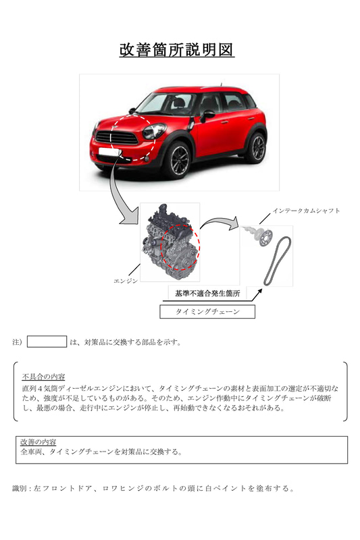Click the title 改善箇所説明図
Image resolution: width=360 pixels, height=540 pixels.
click(177, 50)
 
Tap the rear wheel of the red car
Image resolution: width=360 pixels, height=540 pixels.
click(256, 147)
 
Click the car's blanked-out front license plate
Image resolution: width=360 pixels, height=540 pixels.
click(108, 152)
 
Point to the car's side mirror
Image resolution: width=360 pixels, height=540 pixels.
click(208, 115)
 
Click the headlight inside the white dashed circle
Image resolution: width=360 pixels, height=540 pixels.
click(153, 131)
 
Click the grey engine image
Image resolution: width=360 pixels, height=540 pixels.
click(170, 242)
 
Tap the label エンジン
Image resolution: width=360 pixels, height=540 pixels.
click(126, 281)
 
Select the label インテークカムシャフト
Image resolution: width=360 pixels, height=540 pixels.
click(306, 211)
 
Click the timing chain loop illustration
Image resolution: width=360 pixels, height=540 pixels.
click(278, 260)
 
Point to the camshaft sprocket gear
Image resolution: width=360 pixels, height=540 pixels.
click(265, 238)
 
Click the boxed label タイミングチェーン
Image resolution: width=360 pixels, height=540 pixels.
click(207, 312)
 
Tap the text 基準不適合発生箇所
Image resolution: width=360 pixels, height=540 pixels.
click(207, 294)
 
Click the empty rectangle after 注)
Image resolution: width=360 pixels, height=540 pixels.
click(47, 342)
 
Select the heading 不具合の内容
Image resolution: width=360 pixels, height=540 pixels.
click(43, 377)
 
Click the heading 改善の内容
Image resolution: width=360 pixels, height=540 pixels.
click(38, 442)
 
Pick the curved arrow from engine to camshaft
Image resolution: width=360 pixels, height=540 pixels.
click(219, 221)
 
